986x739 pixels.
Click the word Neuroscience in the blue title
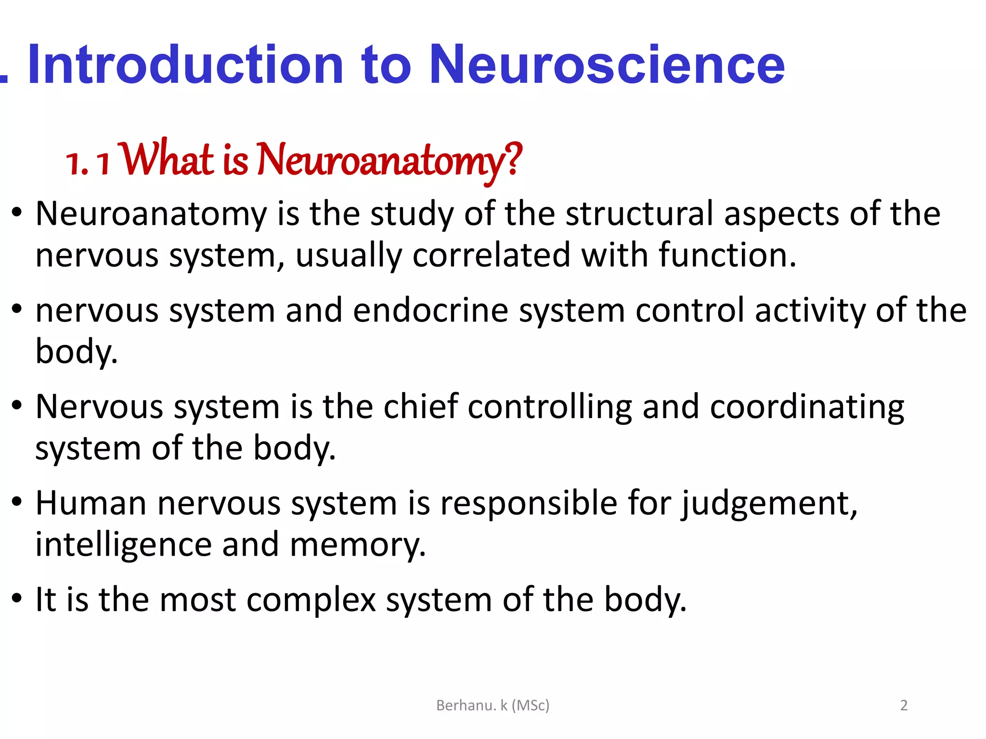607,65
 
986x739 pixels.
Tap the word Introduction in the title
185,65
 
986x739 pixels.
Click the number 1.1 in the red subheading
88,163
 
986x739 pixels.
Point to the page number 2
904,705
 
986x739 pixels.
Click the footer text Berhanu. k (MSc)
493,705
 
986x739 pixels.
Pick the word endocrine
430,311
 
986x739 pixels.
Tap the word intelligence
123,545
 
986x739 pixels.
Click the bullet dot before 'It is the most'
17,599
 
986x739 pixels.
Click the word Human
91,503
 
